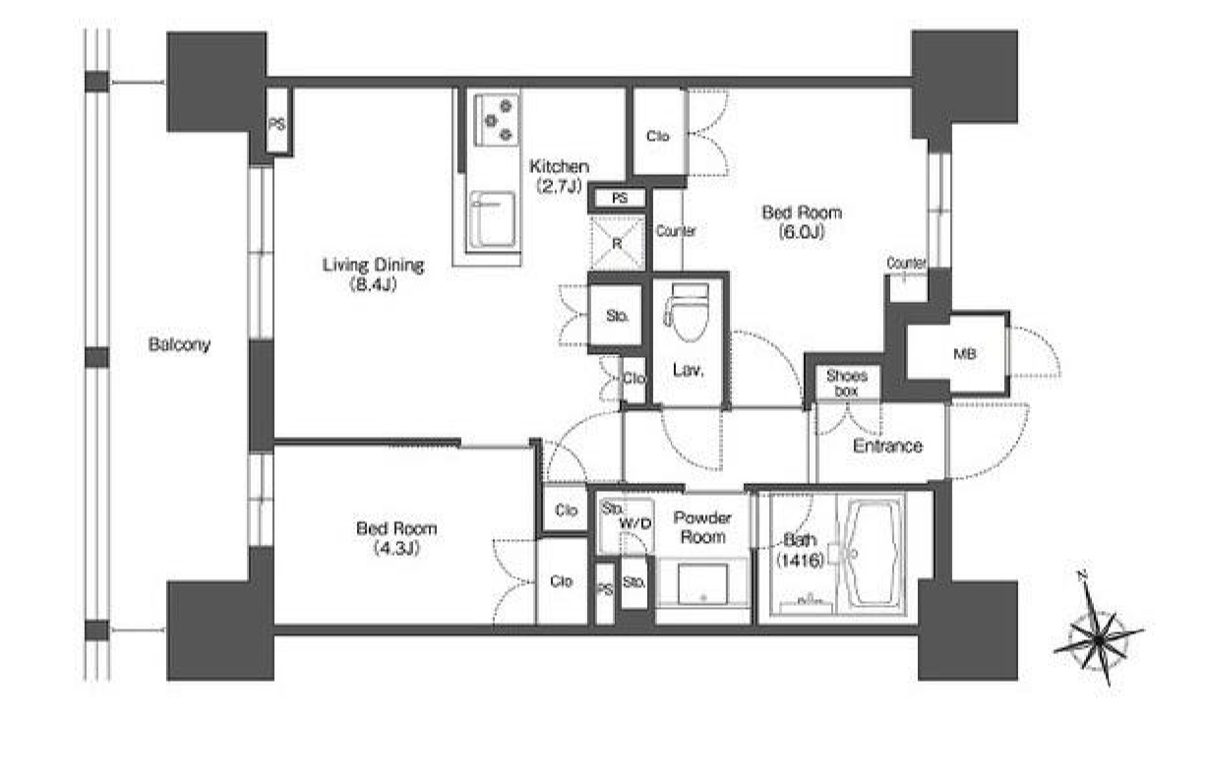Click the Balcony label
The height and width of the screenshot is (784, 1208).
179,344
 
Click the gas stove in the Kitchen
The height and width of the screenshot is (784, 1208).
496,120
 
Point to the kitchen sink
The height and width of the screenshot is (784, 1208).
491,219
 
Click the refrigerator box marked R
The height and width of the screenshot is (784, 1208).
618,243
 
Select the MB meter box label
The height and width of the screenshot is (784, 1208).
965,354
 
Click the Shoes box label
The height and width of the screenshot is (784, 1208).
846,383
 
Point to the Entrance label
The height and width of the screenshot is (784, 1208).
887,446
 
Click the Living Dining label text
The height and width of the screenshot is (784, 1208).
373,265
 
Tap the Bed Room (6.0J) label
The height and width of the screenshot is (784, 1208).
802,221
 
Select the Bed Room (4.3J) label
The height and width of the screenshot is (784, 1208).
396,537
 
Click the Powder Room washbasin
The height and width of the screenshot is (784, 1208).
702,583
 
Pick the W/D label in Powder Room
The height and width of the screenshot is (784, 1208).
635,523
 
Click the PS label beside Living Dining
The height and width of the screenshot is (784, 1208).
276,125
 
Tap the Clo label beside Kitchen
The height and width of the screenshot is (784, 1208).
657,137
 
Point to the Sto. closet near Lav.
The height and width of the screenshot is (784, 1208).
617,316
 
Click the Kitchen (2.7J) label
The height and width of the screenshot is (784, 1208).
559,176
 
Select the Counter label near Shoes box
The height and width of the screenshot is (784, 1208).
906,263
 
